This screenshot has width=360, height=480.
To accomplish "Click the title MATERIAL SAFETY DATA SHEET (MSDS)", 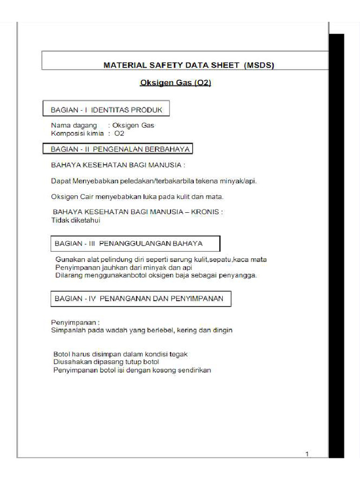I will tap(188, 66).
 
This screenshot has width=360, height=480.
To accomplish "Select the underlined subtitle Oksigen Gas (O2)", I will tap(176, 83).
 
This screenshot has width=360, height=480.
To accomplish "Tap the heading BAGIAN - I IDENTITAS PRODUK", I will tap(106, 110).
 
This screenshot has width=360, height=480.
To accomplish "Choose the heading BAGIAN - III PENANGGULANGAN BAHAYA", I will tap(129, 244).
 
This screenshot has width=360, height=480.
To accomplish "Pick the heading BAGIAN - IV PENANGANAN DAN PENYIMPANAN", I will tap(139, 298).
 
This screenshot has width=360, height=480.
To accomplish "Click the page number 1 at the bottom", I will tap(307, 454).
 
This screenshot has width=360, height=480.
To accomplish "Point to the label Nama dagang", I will tap(74, 126).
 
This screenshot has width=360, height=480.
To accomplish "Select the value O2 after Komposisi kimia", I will tap(119, 134).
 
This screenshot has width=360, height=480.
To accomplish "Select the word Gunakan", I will tap(69, 259).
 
